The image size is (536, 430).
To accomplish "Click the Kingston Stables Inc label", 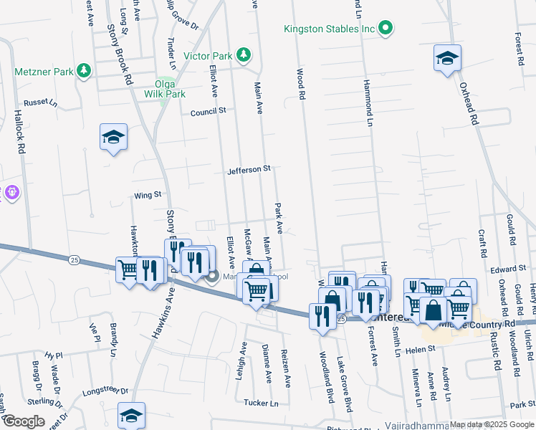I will click(330, 29).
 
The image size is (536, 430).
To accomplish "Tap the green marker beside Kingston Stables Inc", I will click(386, 29).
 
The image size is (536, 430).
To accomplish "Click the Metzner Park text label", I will click(44, 71).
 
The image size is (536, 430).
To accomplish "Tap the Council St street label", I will click(208, 112).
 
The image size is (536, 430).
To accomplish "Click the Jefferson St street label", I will click(249, 170).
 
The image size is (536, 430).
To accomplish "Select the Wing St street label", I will click(148, 194).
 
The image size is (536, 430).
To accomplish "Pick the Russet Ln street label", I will click(40, 102).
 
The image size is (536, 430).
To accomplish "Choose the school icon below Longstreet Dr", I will click(132, 415).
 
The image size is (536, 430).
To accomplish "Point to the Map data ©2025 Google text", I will click(492, 425).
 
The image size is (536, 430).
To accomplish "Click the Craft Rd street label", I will click(482, 244).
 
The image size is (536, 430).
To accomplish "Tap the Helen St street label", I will click(421, 349).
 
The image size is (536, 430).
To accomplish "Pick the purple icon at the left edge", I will click(11, 193).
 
